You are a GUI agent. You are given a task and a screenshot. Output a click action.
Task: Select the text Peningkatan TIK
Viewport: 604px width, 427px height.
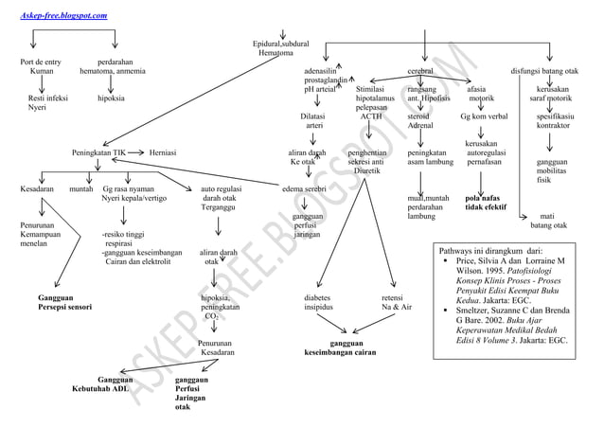(x=99, y=152)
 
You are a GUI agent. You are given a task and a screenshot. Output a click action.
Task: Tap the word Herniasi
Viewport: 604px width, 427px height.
(x=166, y=152)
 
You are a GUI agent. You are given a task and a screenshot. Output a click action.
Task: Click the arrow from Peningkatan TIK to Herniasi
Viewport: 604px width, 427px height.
(x=135, y=152)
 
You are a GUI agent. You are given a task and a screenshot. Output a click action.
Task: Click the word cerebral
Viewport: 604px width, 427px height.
(x=420, y=71)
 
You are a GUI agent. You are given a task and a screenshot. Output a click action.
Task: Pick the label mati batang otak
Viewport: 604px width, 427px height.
(x=548, y=220)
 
